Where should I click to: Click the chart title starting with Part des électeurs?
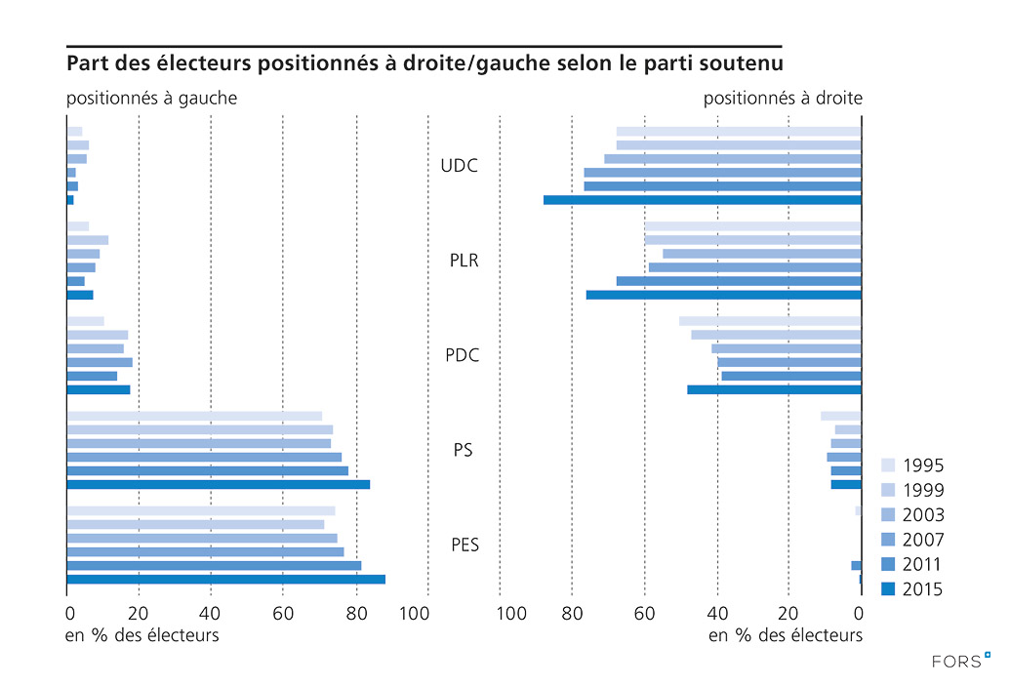[424, 64]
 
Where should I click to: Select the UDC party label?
[460, 166]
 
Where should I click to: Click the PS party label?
[464, 450]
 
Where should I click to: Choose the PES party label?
[465, 545]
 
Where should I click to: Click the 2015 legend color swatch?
[888, 588]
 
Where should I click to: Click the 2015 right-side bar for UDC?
[703, 200]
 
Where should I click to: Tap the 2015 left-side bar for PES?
[225, 580]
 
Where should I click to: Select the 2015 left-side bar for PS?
[218, 484]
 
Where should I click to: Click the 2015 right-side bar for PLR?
[723, 295]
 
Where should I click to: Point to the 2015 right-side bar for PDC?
[774, 389]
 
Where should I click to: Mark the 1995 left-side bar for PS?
[193, 416]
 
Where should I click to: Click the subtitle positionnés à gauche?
[151, 99]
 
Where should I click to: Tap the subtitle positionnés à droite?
[783, 99]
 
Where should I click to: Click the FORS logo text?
[955, 661]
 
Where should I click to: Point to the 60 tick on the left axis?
[282, 614]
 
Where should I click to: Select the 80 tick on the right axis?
[573, 614]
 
